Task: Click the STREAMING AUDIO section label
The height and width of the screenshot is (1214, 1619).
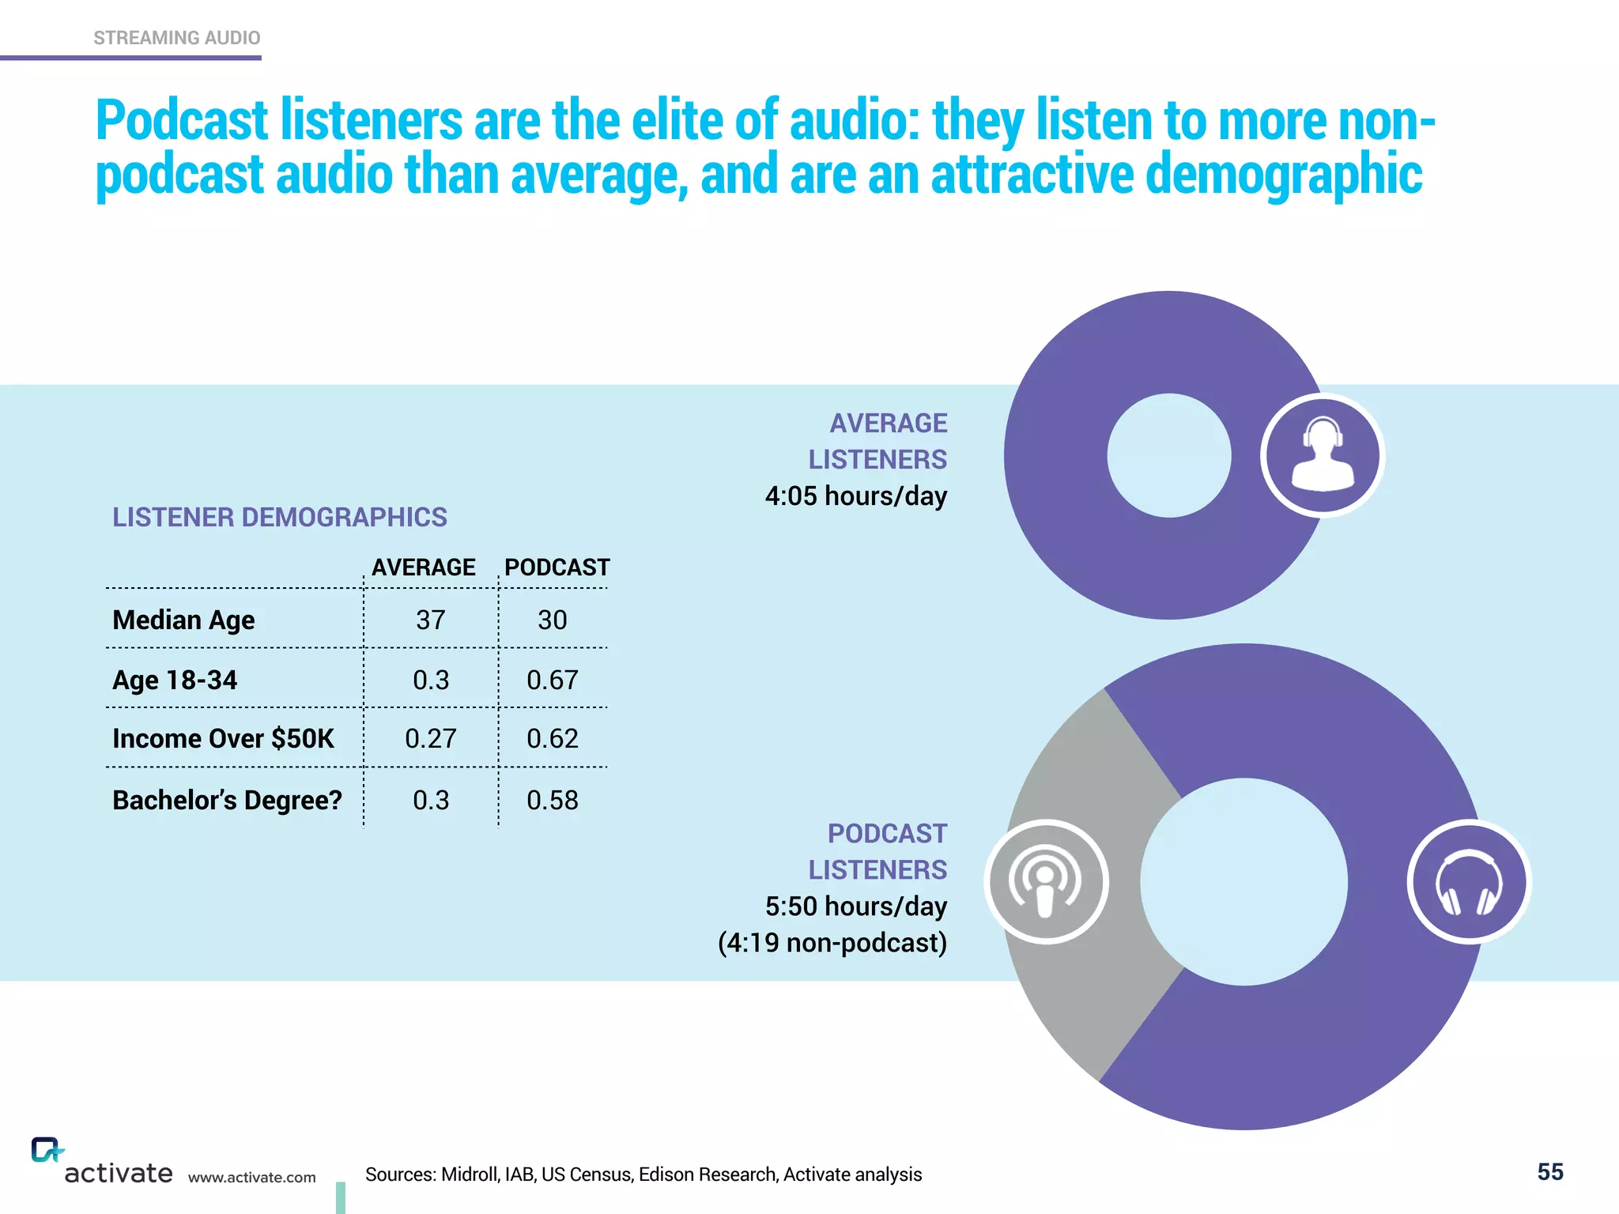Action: (x=176, y=38)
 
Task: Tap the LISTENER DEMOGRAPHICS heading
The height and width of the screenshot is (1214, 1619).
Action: (x=279, y=517)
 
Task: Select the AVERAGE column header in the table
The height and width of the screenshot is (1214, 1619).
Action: (x=424, y=567)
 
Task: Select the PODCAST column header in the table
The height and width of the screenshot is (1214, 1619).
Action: (x=557, y=567)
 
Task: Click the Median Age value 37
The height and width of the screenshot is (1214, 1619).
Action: (x=431, y=620)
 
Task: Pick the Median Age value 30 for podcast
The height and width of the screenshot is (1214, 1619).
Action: (x=553, y=620)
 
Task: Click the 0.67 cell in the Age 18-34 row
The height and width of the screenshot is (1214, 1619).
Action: (x=553, y=680)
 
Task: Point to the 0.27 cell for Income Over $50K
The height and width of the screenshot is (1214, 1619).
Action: (x=431, y=738)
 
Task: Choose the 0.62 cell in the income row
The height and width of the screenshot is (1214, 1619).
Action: (x=553, y=738)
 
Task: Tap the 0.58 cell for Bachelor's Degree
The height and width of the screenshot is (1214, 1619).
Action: (x=553, y=800)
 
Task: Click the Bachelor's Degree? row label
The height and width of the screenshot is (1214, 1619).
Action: (x=227, y=800)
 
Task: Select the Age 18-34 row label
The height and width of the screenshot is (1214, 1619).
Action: (x=175, y=680)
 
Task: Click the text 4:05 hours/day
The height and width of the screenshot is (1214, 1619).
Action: (x=855, y=496)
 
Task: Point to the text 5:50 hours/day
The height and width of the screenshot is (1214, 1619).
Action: (x=855, y=907)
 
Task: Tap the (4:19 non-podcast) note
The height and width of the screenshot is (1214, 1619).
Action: (x=832, y=943)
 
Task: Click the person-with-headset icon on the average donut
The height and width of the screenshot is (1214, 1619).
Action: (x=1323, y=455)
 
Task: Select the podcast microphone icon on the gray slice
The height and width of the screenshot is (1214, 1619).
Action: (x=1046, y=882)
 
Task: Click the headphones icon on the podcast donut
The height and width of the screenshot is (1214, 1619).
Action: (x=1469, y=882)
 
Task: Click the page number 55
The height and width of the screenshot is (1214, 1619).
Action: (x=1550, y=1172)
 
